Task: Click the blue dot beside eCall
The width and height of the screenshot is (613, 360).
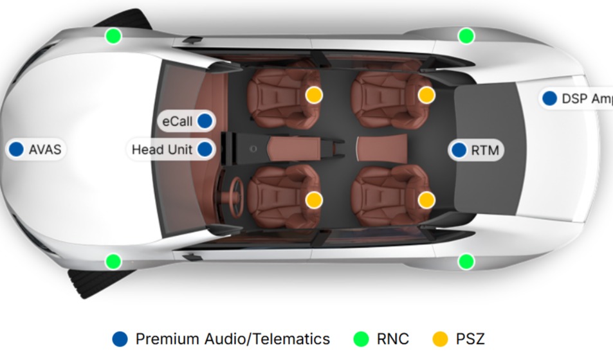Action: (205, 120)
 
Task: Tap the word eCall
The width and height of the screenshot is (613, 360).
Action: (178, 121)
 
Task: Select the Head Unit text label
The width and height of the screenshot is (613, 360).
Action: (162, 150)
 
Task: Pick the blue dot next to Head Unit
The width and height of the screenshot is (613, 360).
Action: (205, 150)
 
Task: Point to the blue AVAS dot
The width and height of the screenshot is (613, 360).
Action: (16, 150)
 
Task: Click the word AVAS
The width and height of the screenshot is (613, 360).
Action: (44, 150)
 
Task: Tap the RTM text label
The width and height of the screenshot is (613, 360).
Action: (485, 150)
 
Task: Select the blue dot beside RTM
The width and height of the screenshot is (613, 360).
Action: (459, 150)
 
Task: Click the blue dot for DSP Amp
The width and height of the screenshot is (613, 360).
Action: (549, 98)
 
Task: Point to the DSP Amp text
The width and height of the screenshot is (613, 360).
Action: (586, 98)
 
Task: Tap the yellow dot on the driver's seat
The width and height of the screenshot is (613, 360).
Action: (313, 199)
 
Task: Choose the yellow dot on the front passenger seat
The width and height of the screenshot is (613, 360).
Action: (313, 95)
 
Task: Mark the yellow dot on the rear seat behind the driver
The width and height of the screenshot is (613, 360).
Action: (426, 199)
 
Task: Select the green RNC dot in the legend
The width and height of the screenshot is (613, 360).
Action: (361, 339)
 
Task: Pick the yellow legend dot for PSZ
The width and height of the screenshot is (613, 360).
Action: (441, 339)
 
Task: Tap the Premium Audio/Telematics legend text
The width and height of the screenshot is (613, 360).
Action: (232, 339)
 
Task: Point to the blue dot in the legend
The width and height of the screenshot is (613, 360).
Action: (120, 339)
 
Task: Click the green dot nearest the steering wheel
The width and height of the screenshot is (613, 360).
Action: (113, 261)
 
